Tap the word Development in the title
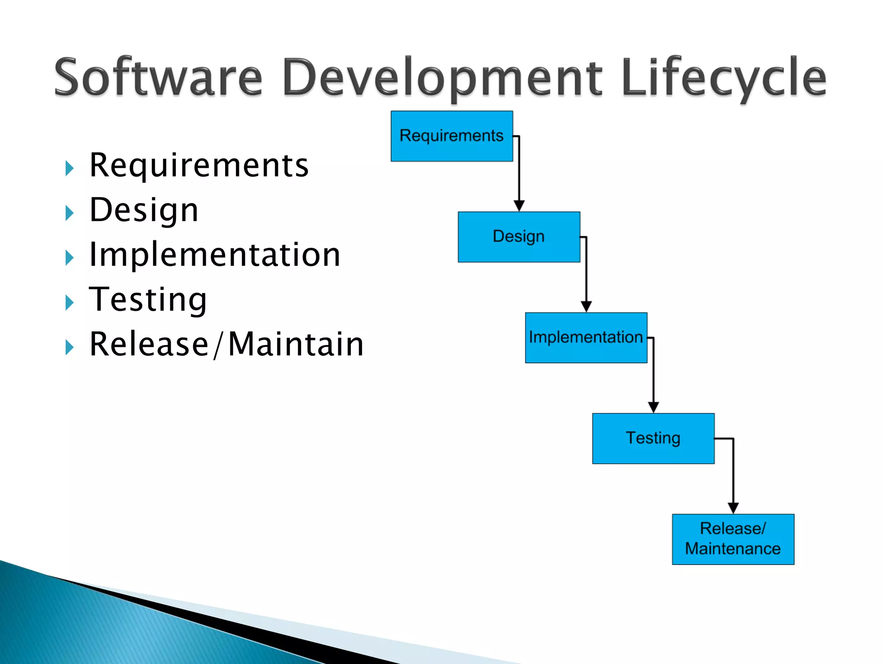442,78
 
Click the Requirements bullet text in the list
199,166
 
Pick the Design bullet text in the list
144,211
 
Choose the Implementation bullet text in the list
215,255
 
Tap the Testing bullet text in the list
148,300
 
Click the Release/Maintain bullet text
226,345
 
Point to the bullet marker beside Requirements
69,168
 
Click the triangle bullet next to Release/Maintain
69,347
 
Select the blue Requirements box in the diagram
452,136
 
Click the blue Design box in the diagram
519,237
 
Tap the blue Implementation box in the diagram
586,338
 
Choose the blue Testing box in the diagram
653,438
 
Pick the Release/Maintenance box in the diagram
733,539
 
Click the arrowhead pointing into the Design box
519,206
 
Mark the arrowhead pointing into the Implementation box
586,306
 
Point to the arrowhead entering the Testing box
653,407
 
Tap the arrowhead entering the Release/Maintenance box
733,508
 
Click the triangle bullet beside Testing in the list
69,302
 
